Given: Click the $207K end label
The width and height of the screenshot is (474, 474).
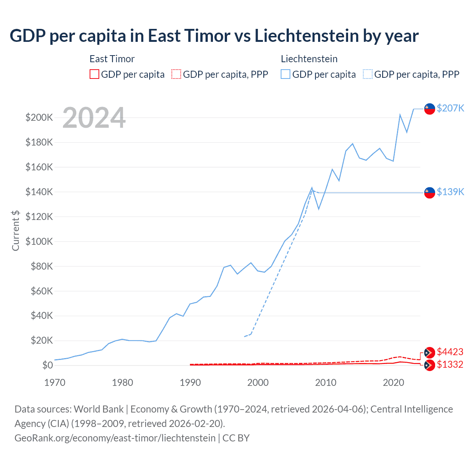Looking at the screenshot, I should coord(450,108).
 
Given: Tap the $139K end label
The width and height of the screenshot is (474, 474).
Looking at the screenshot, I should coord(450,192).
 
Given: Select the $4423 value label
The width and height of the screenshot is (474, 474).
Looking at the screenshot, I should coord(450,352).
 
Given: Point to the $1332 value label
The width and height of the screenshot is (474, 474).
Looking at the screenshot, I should coord(450,364).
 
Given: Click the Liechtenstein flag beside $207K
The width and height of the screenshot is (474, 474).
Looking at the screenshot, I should coord(430,109).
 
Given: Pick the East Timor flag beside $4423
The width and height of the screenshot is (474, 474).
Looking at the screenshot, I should coord(430,353).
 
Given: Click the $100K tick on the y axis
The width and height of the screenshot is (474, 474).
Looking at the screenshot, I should coord(39,241).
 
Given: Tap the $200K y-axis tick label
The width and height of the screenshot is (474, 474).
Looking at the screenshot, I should coord(39,118).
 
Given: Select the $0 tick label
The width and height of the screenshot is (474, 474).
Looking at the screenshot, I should coord(48,365).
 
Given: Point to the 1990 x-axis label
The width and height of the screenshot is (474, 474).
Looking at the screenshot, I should coord(190,383).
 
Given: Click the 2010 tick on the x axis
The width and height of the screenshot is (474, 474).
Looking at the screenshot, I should coord(326,383).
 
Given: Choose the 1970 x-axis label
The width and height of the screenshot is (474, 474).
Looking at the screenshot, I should coord(55,383).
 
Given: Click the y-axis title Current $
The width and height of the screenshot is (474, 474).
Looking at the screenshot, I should coord(16,230).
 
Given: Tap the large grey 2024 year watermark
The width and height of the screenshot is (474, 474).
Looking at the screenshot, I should coord(94,118).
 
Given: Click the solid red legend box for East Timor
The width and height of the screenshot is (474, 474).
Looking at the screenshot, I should coord(94,74).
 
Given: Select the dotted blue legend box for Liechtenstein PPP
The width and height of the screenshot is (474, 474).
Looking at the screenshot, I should coord(368,74).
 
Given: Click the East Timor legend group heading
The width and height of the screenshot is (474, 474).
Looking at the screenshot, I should coord(112,59).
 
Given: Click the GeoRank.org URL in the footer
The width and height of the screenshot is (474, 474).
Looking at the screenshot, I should coord(115,438).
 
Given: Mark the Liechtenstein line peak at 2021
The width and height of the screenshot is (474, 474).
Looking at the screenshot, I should coord(400,115).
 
